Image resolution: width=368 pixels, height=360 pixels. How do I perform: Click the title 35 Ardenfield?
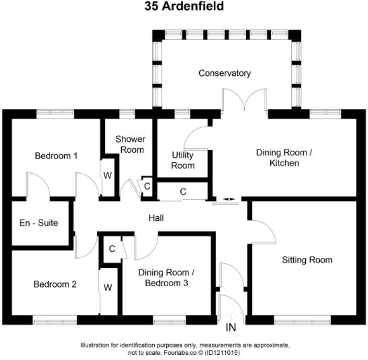[184, 7]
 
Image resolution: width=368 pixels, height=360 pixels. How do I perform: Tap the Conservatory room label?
[224, 73]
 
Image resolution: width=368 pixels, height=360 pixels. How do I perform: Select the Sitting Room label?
[307, 260]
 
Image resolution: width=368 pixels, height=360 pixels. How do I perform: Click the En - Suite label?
[39, 223]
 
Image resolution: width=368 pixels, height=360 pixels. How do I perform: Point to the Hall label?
[156, 217]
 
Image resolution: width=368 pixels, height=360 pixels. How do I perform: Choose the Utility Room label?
[183, 160]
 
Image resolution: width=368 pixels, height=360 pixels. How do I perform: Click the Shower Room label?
[130, 144]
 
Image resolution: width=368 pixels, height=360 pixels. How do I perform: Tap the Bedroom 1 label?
[56, 155]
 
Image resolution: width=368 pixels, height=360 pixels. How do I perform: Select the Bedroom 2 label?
[55, 285]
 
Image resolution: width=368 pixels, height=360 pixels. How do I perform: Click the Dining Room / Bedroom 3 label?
[166, 278]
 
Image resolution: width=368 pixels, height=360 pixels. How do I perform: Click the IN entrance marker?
[231, 328]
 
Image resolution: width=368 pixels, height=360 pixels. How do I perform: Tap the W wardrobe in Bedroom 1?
[107, 175]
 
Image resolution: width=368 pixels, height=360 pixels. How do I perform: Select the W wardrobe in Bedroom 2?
[108, 287]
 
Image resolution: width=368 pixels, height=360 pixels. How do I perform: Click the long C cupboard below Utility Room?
[183, 192]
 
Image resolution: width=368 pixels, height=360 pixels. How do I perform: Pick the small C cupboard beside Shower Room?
[147, 186]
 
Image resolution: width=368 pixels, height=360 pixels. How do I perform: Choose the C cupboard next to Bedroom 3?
[112, 249]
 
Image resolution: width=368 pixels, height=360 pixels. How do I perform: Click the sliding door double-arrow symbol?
[228, 199]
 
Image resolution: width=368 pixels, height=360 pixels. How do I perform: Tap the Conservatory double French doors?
[243, 100]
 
